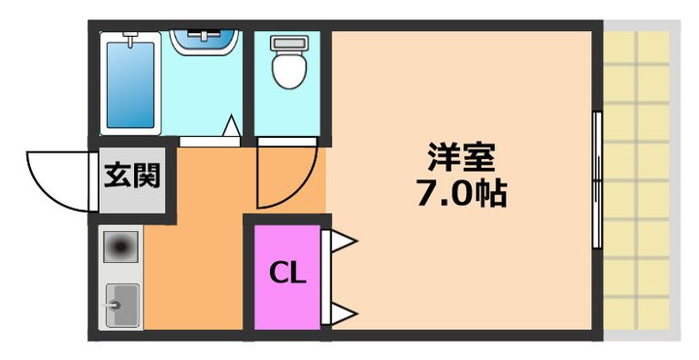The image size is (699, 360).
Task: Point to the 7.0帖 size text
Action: point(461,195)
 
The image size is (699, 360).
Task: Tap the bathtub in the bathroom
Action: point(130,82)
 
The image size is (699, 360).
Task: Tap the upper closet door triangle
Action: point(343,242)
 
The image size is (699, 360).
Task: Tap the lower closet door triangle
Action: point(343,312)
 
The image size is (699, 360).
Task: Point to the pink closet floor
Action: point(287,301)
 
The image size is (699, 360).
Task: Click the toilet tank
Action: point(286,43)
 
